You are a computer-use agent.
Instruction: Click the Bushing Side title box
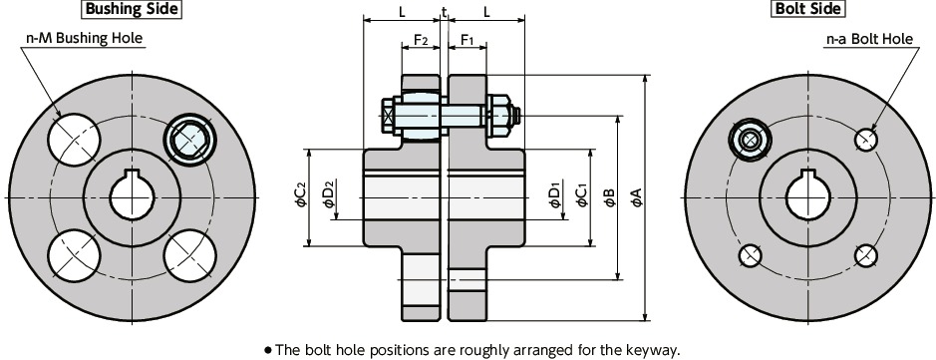(x=132, y=10)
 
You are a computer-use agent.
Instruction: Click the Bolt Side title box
(x=807, y=10)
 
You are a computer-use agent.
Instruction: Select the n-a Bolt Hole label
(x=869, y=39)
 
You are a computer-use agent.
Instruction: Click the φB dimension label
(x=608, y=198)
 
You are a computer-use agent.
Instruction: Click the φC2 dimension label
(x=301, y=196)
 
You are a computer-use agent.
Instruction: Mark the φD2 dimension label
(x=328, y=196)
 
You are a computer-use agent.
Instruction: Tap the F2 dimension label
(x=421, y=41)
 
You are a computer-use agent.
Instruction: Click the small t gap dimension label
(x=444, y=12)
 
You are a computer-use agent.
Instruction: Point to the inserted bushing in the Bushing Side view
(x=188, y=139)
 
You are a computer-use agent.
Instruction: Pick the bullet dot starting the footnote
(x=268, y=350)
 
